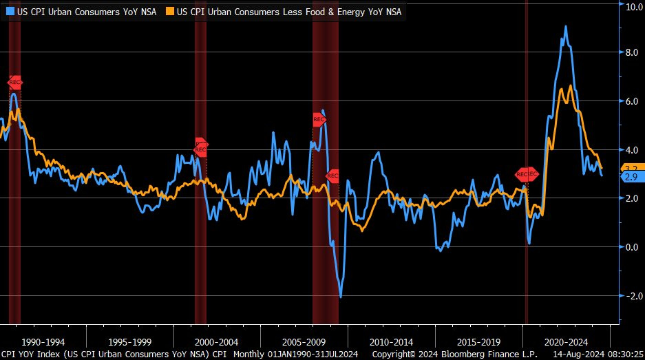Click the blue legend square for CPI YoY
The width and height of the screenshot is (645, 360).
[x=10, y=11]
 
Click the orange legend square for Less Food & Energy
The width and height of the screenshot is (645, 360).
[x=170, y=11]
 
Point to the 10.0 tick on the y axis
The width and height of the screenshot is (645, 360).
[x=631, y=6]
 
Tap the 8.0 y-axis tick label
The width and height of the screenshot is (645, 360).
[x=631, y=52]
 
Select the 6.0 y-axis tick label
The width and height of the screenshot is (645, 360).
[x=631, y=101]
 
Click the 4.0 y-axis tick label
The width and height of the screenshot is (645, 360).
[x=631, y=149]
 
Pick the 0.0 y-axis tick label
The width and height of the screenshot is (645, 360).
[x=631, y=247]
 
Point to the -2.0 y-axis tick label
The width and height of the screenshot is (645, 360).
[x=630, y=296]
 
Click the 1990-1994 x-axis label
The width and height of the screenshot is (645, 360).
[x=43, y=341]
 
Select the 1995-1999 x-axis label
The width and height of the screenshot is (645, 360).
[x=130, y=341]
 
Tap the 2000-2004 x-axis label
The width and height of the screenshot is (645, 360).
[x=218, y=341]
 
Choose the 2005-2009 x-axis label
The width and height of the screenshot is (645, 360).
[x=304, y=341]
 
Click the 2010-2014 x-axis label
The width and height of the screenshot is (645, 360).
[x=392, y=341]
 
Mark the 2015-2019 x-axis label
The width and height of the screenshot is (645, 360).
[x=478, y=341]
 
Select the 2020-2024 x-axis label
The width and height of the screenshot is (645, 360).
[x=566, y=341]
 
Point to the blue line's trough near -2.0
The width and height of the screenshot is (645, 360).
[x=341, y=297]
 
